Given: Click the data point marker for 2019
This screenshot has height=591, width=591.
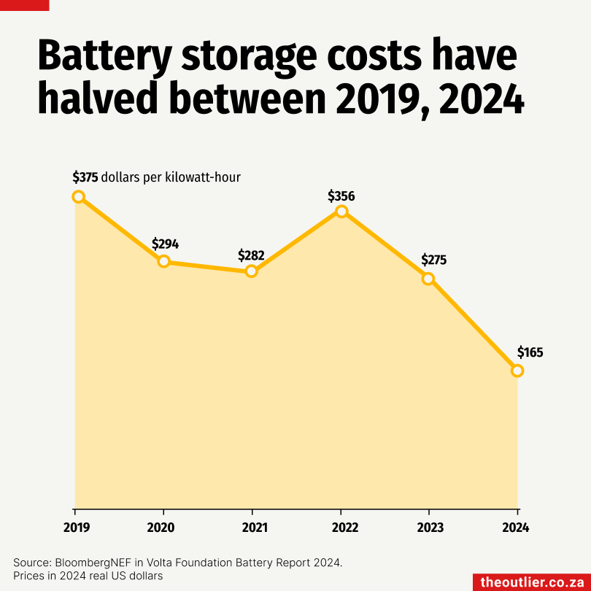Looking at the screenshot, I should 78,196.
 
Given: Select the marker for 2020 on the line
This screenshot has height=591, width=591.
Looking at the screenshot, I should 164,261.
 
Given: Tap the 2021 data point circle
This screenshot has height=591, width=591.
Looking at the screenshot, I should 252,271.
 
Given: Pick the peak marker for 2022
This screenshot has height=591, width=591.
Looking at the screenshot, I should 341,212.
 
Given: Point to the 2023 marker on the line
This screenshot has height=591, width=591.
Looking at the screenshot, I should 428,279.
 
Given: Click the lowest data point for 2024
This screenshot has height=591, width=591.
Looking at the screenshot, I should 517,371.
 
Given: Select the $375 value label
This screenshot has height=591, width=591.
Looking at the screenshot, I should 85,177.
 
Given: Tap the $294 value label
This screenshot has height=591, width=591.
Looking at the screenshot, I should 165,244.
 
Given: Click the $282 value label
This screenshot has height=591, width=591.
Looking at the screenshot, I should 251,255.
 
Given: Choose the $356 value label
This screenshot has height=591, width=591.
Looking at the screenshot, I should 341,196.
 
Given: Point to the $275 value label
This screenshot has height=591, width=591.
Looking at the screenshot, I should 434,260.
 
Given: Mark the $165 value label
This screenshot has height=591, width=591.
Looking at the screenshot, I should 530,352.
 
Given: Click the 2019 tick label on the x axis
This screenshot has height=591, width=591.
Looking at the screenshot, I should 75,527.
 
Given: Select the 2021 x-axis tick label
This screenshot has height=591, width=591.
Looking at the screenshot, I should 252,527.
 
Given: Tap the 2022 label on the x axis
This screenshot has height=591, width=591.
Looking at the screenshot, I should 341,527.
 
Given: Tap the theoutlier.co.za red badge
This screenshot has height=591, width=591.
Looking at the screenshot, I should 532,582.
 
